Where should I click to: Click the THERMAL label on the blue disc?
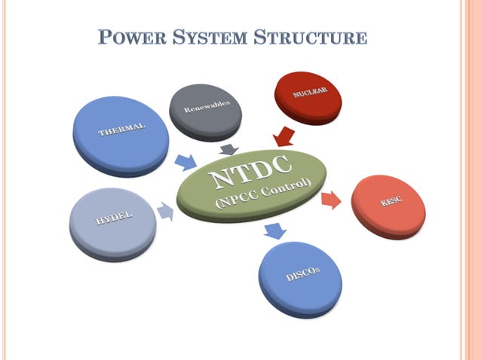click(x=121, y=129)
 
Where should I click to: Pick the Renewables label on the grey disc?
click(x=207, y=105)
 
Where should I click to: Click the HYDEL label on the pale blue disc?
click(x=114, y=218)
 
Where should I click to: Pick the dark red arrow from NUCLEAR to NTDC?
click(x=284, y=136)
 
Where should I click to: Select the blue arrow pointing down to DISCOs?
click(x=275, y=231)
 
